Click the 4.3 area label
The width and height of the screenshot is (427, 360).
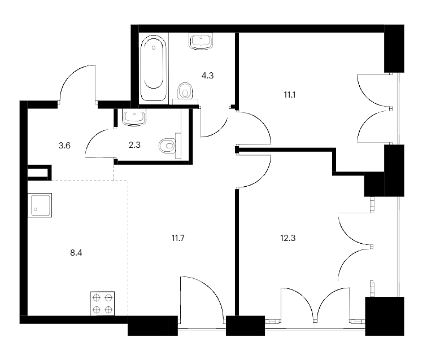point(207,76)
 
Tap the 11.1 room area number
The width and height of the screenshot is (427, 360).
point(290,95)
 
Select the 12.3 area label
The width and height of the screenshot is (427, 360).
point(288,238)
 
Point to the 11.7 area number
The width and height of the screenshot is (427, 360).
point(178,238)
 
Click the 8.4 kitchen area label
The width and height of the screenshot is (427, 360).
point(76,253)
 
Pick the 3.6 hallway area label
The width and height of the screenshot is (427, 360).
point(64,146)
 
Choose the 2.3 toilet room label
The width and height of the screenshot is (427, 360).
point(134,145)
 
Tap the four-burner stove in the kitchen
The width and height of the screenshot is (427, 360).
point(102,304)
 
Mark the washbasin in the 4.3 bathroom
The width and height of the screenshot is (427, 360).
point(201,42)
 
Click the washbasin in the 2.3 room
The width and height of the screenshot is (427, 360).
point(134,117)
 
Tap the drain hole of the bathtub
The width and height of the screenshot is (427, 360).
point(154,47)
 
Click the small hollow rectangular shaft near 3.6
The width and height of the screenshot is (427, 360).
point(40,173)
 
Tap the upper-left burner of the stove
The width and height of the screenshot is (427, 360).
point(97,298)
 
